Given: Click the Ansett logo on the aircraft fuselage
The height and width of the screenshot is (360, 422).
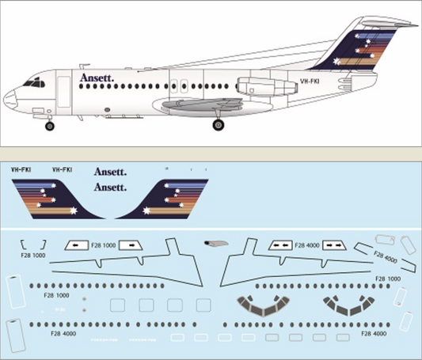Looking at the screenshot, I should click(x=97, y=78).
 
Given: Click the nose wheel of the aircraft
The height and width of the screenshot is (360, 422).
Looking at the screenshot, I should click(x=50, y=126).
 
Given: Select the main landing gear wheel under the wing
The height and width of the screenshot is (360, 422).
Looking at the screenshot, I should click(x=218, y=124).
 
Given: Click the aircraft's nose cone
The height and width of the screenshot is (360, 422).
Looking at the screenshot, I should click(x=10, y=100).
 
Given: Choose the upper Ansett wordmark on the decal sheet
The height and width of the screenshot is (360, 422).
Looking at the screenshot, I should click(x=110, y=171).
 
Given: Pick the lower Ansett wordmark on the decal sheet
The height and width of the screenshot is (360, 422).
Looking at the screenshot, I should click(x=110, y=187).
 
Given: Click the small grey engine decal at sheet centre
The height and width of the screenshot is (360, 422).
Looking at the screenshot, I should click(x=215, y=243).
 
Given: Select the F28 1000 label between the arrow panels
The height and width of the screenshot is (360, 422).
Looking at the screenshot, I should click(x=121, y=245).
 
